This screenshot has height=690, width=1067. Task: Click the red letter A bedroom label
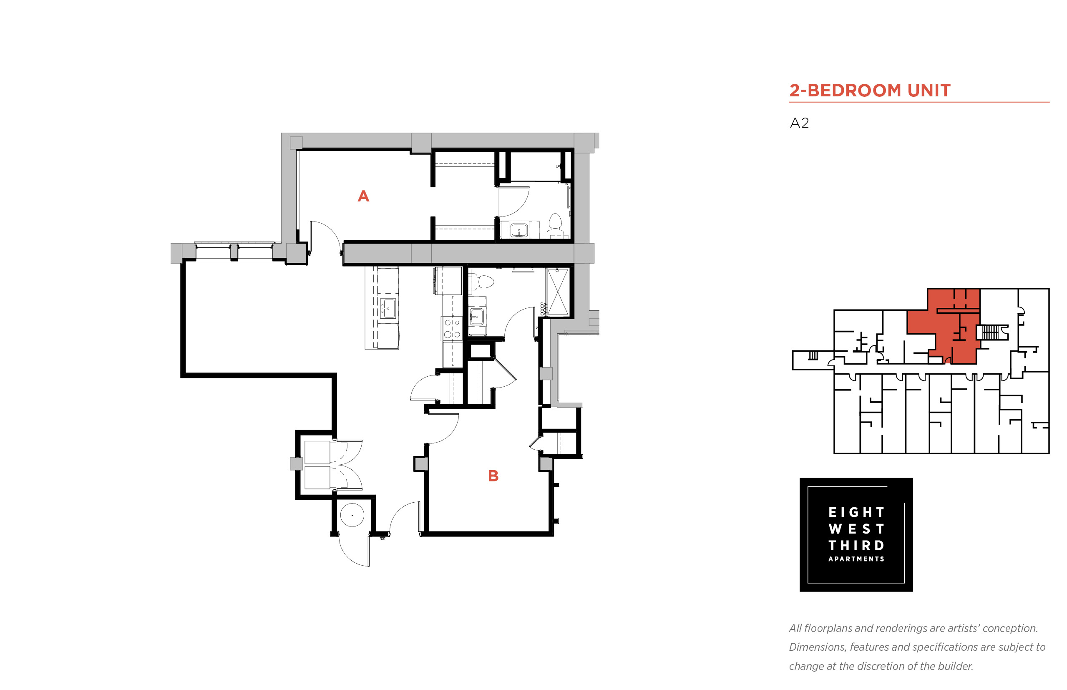click(x=363, y=196)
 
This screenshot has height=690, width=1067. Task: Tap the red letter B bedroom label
click(x=493, y=476)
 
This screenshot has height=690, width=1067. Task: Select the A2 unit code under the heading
click(x=799, y=123)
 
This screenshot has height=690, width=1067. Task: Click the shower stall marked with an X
click(x=557, y=292)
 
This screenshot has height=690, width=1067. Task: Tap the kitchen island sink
click(x=388, y=308)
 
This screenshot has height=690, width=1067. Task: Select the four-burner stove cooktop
click(x=451, y=328)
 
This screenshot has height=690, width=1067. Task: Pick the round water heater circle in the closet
click(x=352, y=515)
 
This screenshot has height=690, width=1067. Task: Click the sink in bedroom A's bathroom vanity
click(x=519, y=230)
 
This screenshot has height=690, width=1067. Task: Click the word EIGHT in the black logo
click(x=856, y=512)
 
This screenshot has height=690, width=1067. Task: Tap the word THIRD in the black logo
click(x=856, y=545)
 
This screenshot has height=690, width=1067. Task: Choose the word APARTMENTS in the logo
click(x=856, y=559)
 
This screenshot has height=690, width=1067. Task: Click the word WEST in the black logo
click(x=856, y=529)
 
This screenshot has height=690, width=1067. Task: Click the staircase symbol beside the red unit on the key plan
click(x=990, y=332)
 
